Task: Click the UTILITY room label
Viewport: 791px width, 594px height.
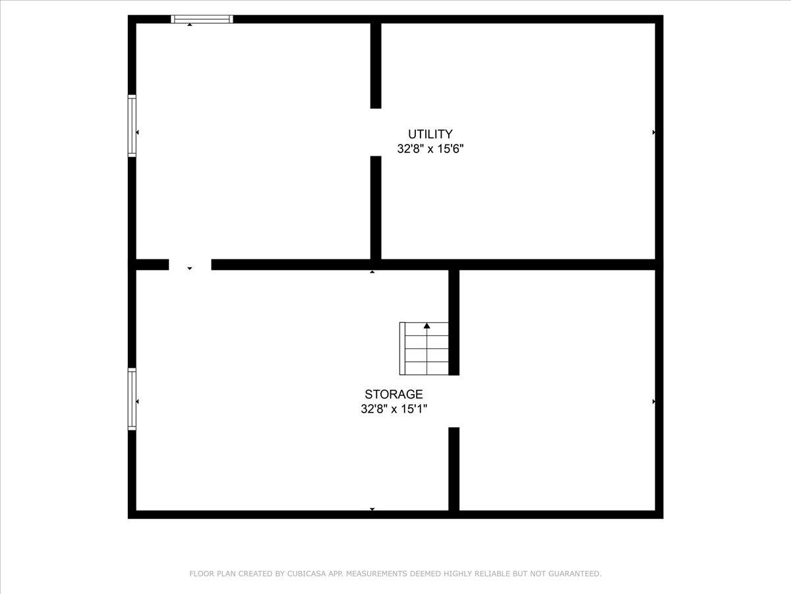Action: click(x=430, y=134)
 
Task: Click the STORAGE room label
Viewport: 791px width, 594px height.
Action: click(x=394, y=395)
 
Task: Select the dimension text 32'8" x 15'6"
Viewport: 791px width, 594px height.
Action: click(x=430, y=149)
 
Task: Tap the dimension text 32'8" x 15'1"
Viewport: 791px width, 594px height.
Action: click(x=394, y=409)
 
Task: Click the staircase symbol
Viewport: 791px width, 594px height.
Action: click(x=424, y=349)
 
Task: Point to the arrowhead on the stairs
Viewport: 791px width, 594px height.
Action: click(x=427, y=325)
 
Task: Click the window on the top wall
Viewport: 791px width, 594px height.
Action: click(x=202, y=19)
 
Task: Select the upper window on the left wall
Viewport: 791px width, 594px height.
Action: click(x=132, y=126)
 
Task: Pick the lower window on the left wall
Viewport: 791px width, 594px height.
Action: click(x=132, y=399)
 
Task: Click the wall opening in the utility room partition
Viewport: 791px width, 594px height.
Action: click(x=376, y=132)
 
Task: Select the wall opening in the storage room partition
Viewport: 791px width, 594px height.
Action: click(x=454, y=401)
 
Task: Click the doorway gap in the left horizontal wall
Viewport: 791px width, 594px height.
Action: click(x=190, y=264)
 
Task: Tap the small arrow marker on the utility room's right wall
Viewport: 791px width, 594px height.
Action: click(x=653, y=133)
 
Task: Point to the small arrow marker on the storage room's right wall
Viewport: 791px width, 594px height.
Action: click(x=653, y=401)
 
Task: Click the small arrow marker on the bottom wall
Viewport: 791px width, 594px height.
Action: click(x=372, y=509)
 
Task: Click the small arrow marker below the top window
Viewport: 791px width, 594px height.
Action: click(x=190, y=24)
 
